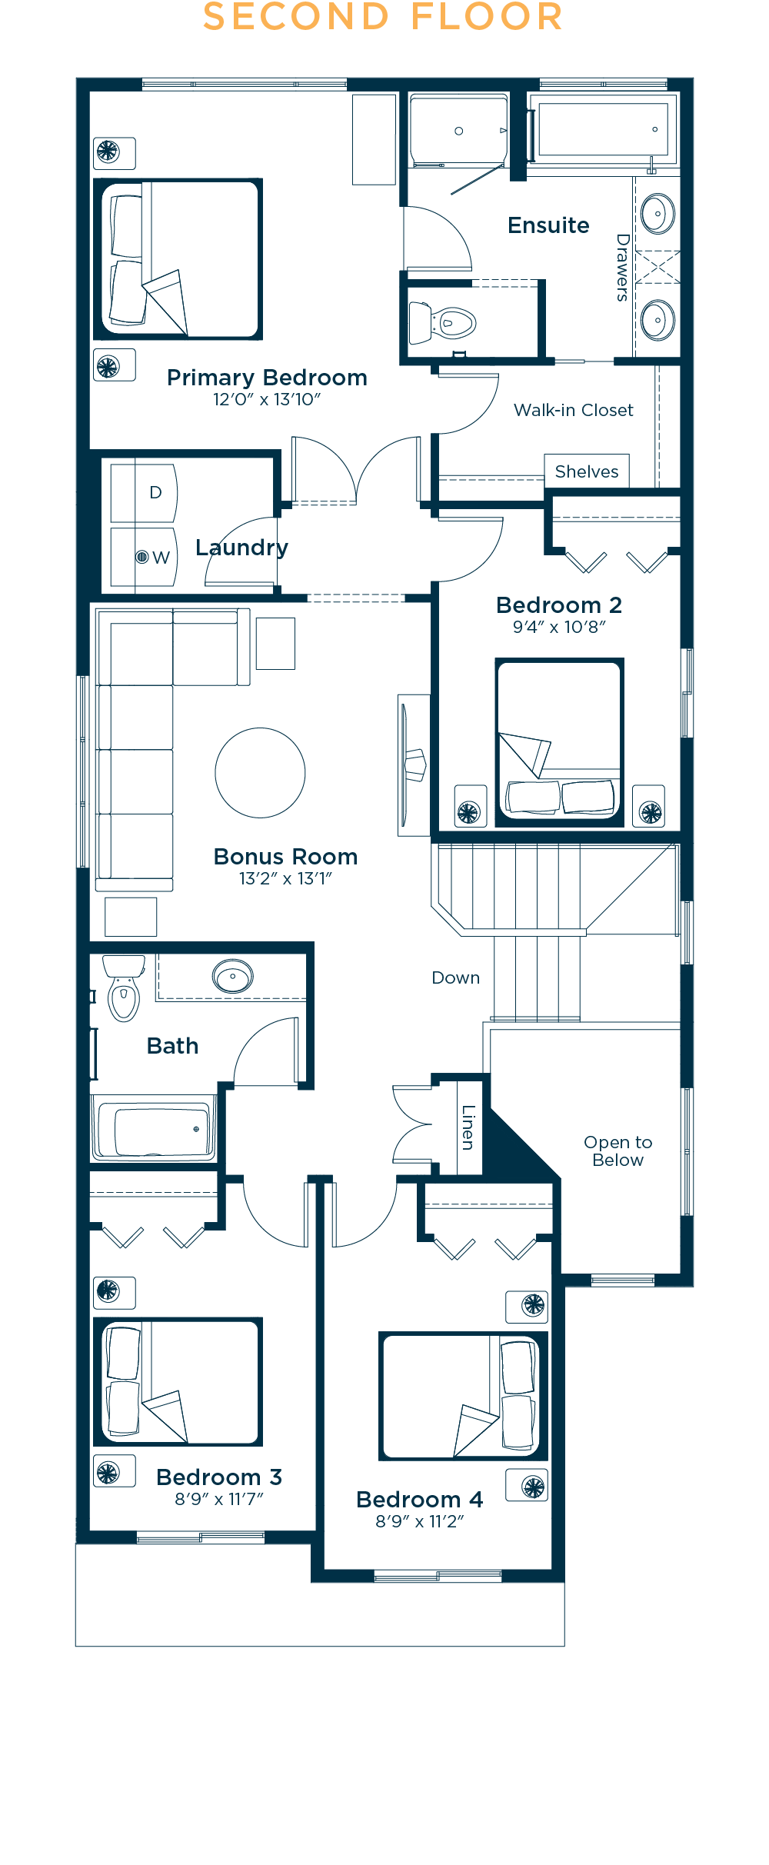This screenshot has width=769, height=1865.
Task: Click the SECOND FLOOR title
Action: coord(383,17)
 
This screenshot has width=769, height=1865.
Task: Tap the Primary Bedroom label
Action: coord(267,378)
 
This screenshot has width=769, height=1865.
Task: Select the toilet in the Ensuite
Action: coord(445,323)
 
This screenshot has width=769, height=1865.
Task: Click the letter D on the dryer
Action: coord(155,492)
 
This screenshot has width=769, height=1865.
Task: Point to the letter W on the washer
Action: coord(161,558)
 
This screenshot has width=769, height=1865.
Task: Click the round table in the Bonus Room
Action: coord(260,772)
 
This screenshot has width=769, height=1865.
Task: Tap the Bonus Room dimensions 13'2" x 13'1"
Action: coord(285,878)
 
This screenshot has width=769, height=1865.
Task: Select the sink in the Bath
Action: coord(232,977)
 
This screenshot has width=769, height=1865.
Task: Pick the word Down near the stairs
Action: coord(455,977)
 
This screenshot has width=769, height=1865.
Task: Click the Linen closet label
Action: coord(468,1127)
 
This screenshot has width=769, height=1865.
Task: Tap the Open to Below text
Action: coord(618,1151)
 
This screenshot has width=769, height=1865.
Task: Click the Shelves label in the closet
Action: coord(586,471)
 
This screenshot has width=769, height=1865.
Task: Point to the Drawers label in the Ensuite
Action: coord(622,267)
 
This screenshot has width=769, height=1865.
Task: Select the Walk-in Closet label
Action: coord(573,410)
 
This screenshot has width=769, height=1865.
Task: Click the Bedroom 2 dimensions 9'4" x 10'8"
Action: coord(559,627)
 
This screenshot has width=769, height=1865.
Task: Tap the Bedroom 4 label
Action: coord(419,1499)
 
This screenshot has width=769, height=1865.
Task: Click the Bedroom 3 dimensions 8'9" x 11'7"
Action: coord(219,1499)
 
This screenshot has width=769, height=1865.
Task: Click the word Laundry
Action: coord(241,548)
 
